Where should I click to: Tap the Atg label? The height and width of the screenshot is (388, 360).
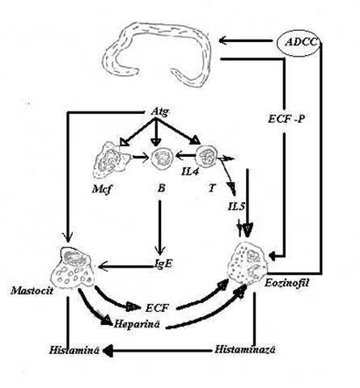tap(160, 112)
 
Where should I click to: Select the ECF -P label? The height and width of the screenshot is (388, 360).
tap(286, 119)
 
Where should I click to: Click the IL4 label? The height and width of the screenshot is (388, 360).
tap(190, 171)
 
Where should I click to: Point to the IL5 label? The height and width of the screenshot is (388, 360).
tap(236, 207)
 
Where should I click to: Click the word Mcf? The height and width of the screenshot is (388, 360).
tap(101, 190)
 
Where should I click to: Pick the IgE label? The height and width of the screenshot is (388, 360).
tap(164, 264)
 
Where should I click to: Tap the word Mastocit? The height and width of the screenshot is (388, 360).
tap(32, 291)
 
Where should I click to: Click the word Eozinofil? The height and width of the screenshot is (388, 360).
tap(286, 283)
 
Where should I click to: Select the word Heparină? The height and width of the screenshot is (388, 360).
tap(137, 323)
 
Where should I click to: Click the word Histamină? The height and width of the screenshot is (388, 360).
tap(74, 350)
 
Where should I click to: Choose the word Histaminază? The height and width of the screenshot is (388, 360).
tap(245, 350)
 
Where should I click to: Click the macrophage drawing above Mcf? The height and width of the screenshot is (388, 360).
tap(111, 161)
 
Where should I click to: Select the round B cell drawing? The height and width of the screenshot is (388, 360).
tap(162, 158)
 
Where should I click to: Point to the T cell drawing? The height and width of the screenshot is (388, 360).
tap(206, 156)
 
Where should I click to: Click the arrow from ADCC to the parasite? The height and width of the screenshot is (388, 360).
tap(245, 41)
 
